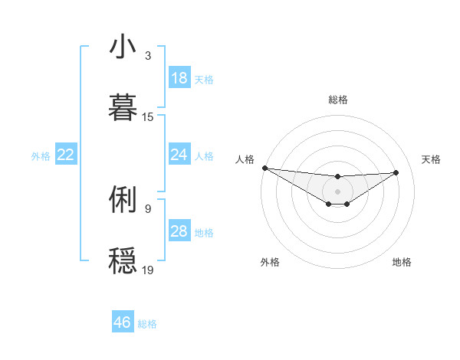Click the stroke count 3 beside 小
click(147, 56)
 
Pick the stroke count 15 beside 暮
click(148, 117)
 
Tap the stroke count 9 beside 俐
click(147, 208)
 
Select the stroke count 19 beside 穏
click(148, 270)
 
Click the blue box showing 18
click(179, 78)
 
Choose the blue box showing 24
click(179, 155)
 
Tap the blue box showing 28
click(179, 231)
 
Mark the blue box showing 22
click(65, 155)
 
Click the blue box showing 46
click(123, 322)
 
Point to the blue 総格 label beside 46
click(147, 324)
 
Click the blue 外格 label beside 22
click(41, 156)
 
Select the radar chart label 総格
click(337, 100)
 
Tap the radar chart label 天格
click(431, 159)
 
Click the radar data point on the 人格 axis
click(264, 168)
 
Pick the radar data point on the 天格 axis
click(396, 172)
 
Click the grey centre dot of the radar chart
click(337, 191)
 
